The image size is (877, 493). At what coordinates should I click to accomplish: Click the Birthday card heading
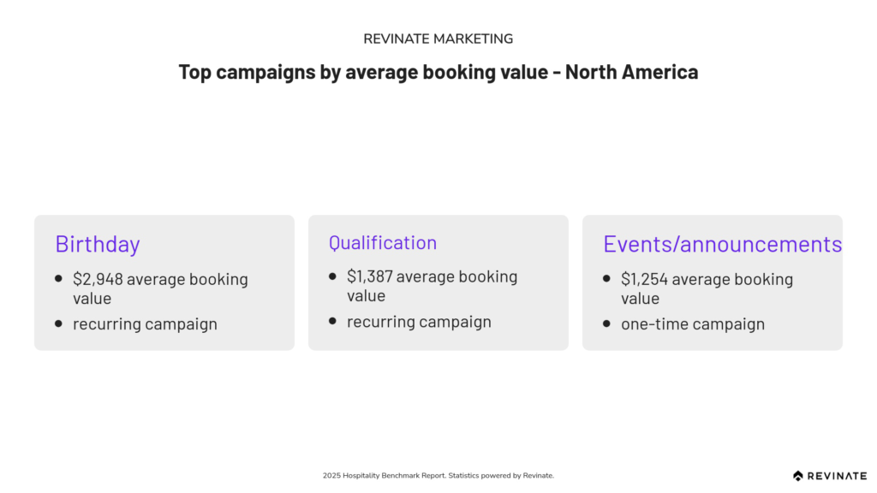click(98, 244)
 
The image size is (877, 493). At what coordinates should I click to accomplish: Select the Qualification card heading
click(383, 242)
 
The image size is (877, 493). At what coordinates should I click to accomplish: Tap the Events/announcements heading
click(722, 244)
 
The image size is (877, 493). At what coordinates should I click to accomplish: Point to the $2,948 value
click(98, 279)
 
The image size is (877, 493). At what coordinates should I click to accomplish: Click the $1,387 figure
click(370, 276)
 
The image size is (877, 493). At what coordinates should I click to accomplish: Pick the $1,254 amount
click(644, 279)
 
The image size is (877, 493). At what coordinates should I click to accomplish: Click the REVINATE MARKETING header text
click(438, 39)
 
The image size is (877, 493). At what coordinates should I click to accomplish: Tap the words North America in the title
click(631, 72)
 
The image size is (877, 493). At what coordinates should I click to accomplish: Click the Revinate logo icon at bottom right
click(798, 476)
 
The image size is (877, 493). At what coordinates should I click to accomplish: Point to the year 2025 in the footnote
click(331, 476)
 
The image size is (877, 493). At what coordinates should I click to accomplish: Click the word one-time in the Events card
click(651, 324)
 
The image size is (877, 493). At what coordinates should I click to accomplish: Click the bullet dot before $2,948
click(59, 278)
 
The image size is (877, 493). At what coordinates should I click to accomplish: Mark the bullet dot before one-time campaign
click(607, 323)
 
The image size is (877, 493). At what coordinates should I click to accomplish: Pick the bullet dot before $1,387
click(333, 276)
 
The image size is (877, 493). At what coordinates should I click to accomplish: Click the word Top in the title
click(194, 73)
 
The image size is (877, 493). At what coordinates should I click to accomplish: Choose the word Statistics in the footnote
click(463, 476)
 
